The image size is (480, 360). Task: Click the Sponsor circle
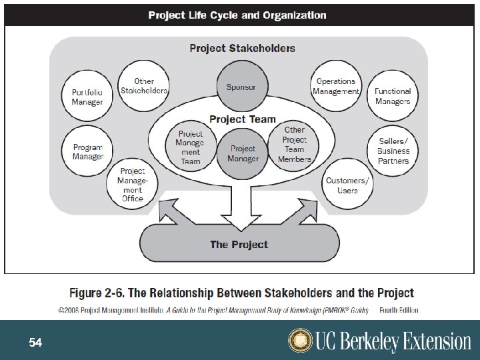(241, 87)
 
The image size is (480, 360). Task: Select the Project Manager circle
(243, 154)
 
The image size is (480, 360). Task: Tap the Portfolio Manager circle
(87, 97)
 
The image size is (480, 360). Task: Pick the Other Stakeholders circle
(143, 86)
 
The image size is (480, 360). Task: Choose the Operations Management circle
(337, 87)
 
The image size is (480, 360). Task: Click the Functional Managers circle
(392, 97)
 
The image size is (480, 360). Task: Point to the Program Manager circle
(87, 152)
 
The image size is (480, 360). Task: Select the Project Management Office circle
(133, 185)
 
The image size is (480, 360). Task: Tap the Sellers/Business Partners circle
(393, 151)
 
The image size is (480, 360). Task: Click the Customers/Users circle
(347, 185)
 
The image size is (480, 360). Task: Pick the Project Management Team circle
(190, 147)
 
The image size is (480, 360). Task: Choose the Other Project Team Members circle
(294, 145)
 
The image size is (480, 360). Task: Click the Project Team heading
(242, 119)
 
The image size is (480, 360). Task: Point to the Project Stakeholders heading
(242, 48)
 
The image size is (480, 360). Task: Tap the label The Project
(239, 245)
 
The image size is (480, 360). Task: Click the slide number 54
(35, 343)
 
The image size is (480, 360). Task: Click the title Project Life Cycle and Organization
(237, 15)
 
